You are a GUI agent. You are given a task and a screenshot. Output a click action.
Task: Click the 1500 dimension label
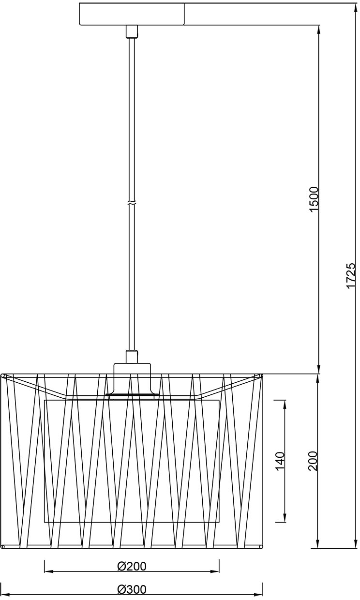[x=314, y=199]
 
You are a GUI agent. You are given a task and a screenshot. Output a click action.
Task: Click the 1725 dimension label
[x=351, y=276]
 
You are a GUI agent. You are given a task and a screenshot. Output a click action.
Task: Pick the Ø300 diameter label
[x=132, y=589]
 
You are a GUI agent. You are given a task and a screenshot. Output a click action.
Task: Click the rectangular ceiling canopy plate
[x=132, y=14]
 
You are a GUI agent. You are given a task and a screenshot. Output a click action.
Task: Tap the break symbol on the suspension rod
[x=132, y=202]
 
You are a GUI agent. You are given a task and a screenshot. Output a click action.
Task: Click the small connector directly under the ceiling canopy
[x=132, y=31]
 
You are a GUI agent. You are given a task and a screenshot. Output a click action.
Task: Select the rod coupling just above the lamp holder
[x=132, y=357]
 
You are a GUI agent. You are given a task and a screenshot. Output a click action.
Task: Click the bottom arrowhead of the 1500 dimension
[x=319, y=368]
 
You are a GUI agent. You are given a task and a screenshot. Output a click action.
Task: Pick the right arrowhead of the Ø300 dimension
[x=257, y=595]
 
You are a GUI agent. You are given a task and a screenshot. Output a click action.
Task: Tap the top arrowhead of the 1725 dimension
[x=355, y=9]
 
